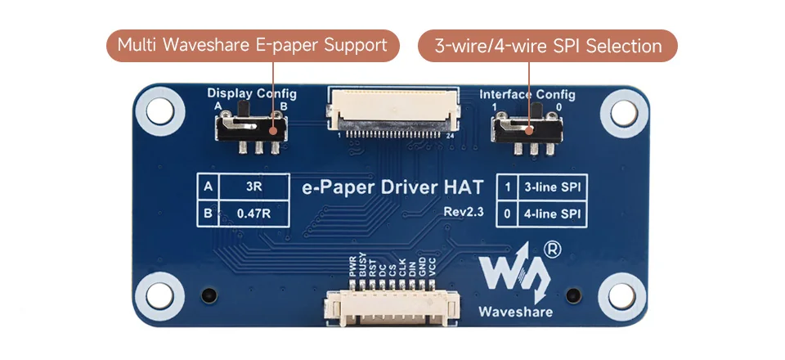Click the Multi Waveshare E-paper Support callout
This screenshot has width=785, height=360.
(253, 46)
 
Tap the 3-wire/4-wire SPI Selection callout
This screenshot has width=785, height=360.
(548, 46)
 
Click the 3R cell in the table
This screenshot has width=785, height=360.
(253, 187)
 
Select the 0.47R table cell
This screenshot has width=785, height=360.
(253, 214)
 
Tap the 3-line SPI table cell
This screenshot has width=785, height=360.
(553, 187)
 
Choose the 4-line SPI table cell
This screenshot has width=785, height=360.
(553, 214)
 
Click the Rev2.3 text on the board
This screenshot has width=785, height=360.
(464, 212)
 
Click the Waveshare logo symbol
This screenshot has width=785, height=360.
(515, 275)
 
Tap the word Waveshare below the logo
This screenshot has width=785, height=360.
(516, 312)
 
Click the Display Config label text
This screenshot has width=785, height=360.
(252, 93)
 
